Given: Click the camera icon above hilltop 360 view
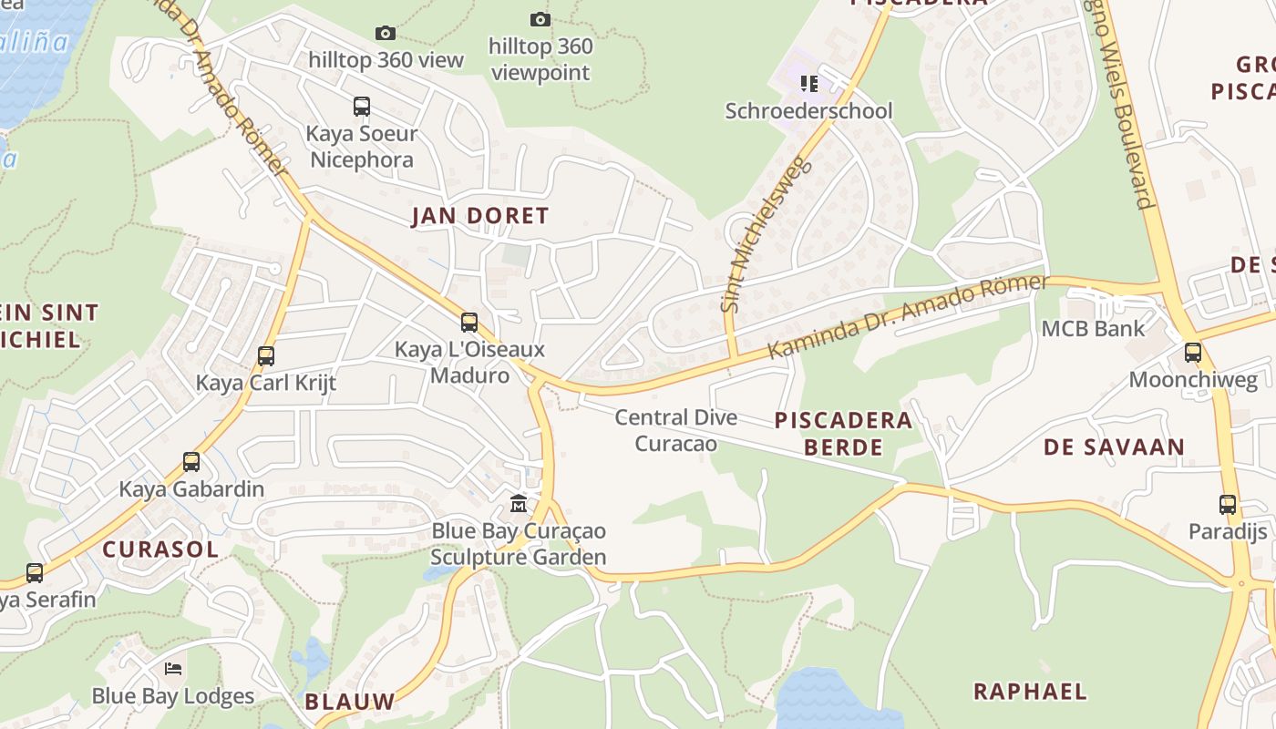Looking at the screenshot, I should tap(386, 34).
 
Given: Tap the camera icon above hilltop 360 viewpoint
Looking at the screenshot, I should tap(540, 19).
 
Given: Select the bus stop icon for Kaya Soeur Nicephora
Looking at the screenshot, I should tap(362, 107).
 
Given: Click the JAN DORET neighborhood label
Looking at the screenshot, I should tap(479, 216).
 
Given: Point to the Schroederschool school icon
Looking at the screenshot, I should tap(808, 84).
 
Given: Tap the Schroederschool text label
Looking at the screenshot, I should tap(808, 111).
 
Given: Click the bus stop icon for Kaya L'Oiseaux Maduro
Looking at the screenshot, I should tap(469, 322).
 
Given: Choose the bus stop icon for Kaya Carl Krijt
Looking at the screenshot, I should tap(266, 355).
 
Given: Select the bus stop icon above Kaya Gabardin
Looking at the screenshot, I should tap(191, 462).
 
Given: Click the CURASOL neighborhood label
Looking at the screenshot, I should tap(160, 549).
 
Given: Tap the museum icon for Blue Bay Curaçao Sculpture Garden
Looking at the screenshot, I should tap(519, 503).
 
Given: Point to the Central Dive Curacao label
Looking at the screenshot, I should tap(675, 430).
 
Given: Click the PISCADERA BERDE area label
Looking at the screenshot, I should tap(843, 434).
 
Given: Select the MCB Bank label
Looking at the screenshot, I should tap(1093, 328).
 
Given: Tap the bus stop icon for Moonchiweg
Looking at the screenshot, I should tap(1193, 353).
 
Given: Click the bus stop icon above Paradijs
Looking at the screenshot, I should tap(1228, 504).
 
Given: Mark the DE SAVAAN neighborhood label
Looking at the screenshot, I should tap(1114, 447).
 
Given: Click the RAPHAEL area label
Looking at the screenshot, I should tap(1030, 692).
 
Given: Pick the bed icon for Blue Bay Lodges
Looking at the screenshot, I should tap(173, 669).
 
